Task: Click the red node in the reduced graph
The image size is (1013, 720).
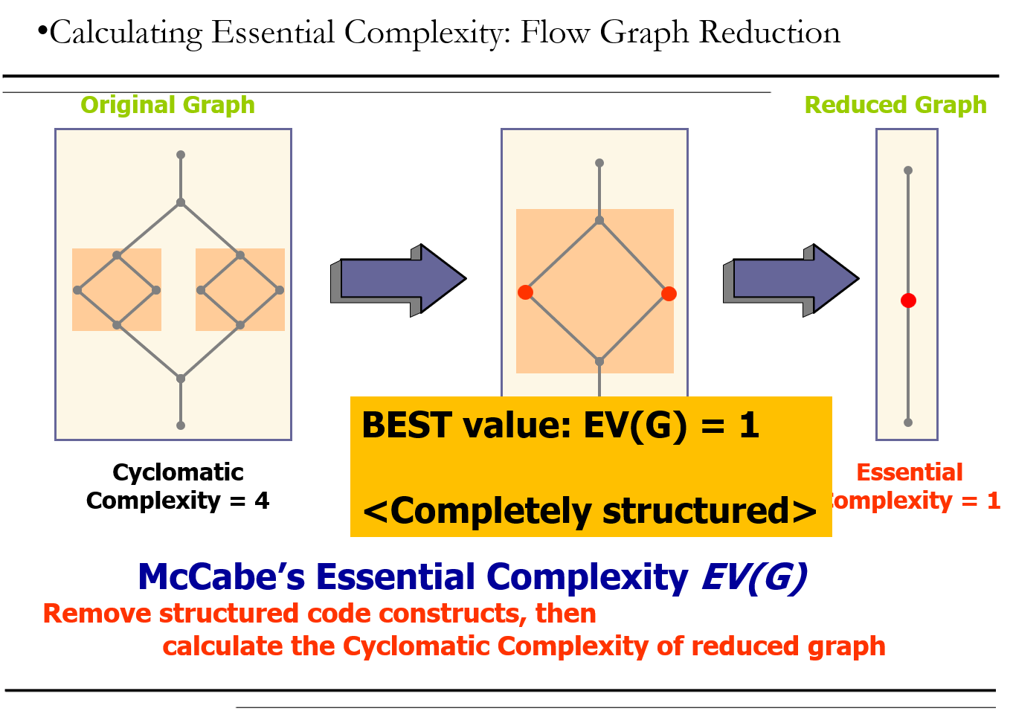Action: point(908,300)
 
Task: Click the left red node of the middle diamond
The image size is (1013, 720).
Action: point(525,292)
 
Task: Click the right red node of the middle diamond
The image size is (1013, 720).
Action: point(669,294)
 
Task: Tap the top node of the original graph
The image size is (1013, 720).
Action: point(181,155)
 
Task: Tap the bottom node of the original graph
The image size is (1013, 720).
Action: point(181,425)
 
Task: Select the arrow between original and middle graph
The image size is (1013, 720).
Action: point(398,280)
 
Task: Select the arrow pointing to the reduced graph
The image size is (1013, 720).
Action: point(791,280)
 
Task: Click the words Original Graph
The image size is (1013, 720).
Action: point(167,106)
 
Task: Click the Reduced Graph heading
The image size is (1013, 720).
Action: point(895,106)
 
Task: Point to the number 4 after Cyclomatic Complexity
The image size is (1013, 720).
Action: point(261,501)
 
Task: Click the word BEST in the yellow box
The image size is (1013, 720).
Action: point(407,425)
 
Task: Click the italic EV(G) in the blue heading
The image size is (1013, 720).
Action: point(754,576)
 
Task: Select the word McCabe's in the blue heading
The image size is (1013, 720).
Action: point(221,576)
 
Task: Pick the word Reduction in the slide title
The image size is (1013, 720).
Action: point(769,33)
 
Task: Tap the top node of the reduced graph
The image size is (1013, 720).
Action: point(908,170)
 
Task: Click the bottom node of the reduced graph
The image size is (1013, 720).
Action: point(908,422)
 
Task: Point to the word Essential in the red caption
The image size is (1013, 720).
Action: point(910,472)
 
